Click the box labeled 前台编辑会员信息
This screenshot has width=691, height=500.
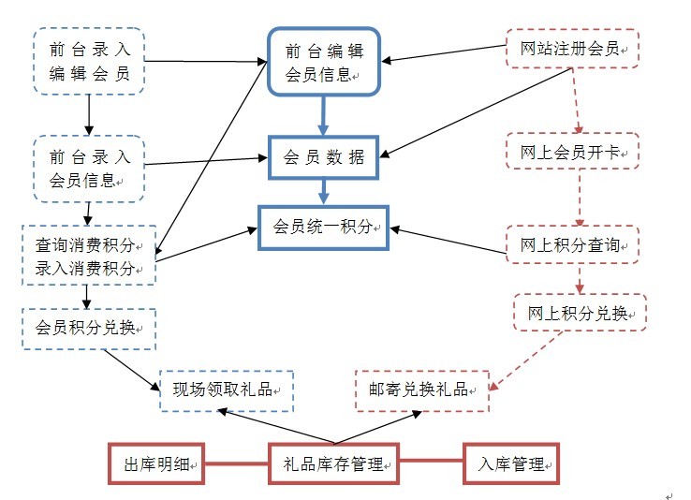pos(323,61)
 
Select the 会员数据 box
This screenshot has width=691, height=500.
pos(323,157)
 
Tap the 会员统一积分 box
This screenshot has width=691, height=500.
pos(323,227)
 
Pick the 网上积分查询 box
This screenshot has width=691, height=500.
pos(572,245)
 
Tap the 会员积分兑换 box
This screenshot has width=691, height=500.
pos(88,328)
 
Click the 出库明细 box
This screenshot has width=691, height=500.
pos(156,463)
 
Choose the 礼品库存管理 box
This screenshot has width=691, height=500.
pos(334,463)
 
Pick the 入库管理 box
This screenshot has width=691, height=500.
pos(512,463)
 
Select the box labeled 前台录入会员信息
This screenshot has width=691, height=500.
pos(88,168)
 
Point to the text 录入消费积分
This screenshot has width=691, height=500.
pos(86,270)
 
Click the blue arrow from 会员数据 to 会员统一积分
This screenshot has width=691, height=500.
pos(324,191)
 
